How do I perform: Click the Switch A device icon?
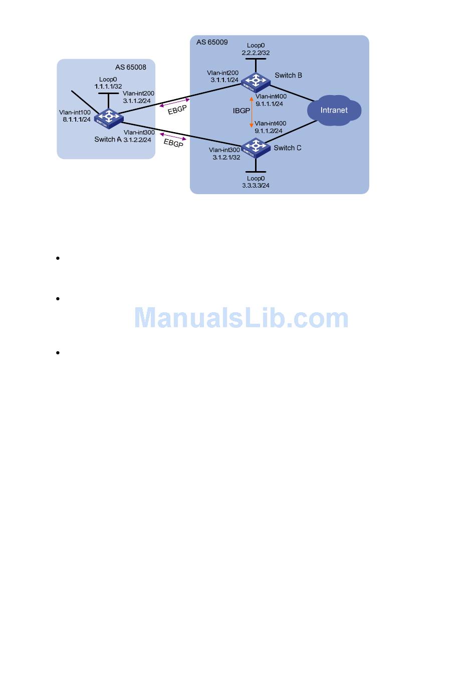pos(108,117)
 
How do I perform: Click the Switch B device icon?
pos(255,81)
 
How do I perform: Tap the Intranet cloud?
pos(334,110)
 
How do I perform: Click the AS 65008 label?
pos(131,67)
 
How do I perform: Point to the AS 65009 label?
pos(212,42)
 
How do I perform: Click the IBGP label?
pos(241,111)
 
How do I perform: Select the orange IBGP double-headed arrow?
pos(252,112)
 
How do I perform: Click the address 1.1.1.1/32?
pos(108,86)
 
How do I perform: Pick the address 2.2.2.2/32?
pos(256,53)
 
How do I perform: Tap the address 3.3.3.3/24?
pos(256,185)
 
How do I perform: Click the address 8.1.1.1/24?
pos(77,120)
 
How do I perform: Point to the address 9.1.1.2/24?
pos(269,131)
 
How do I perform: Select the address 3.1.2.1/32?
pos(226,157)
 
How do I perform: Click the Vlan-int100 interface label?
pos(75,113)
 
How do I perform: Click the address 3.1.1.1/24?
pos(224,80)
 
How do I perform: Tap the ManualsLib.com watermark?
pos(242,318)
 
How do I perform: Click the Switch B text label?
pos(288,76)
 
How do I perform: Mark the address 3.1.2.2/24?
pos(137,140)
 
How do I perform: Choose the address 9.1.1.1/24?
pos(270,104)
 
